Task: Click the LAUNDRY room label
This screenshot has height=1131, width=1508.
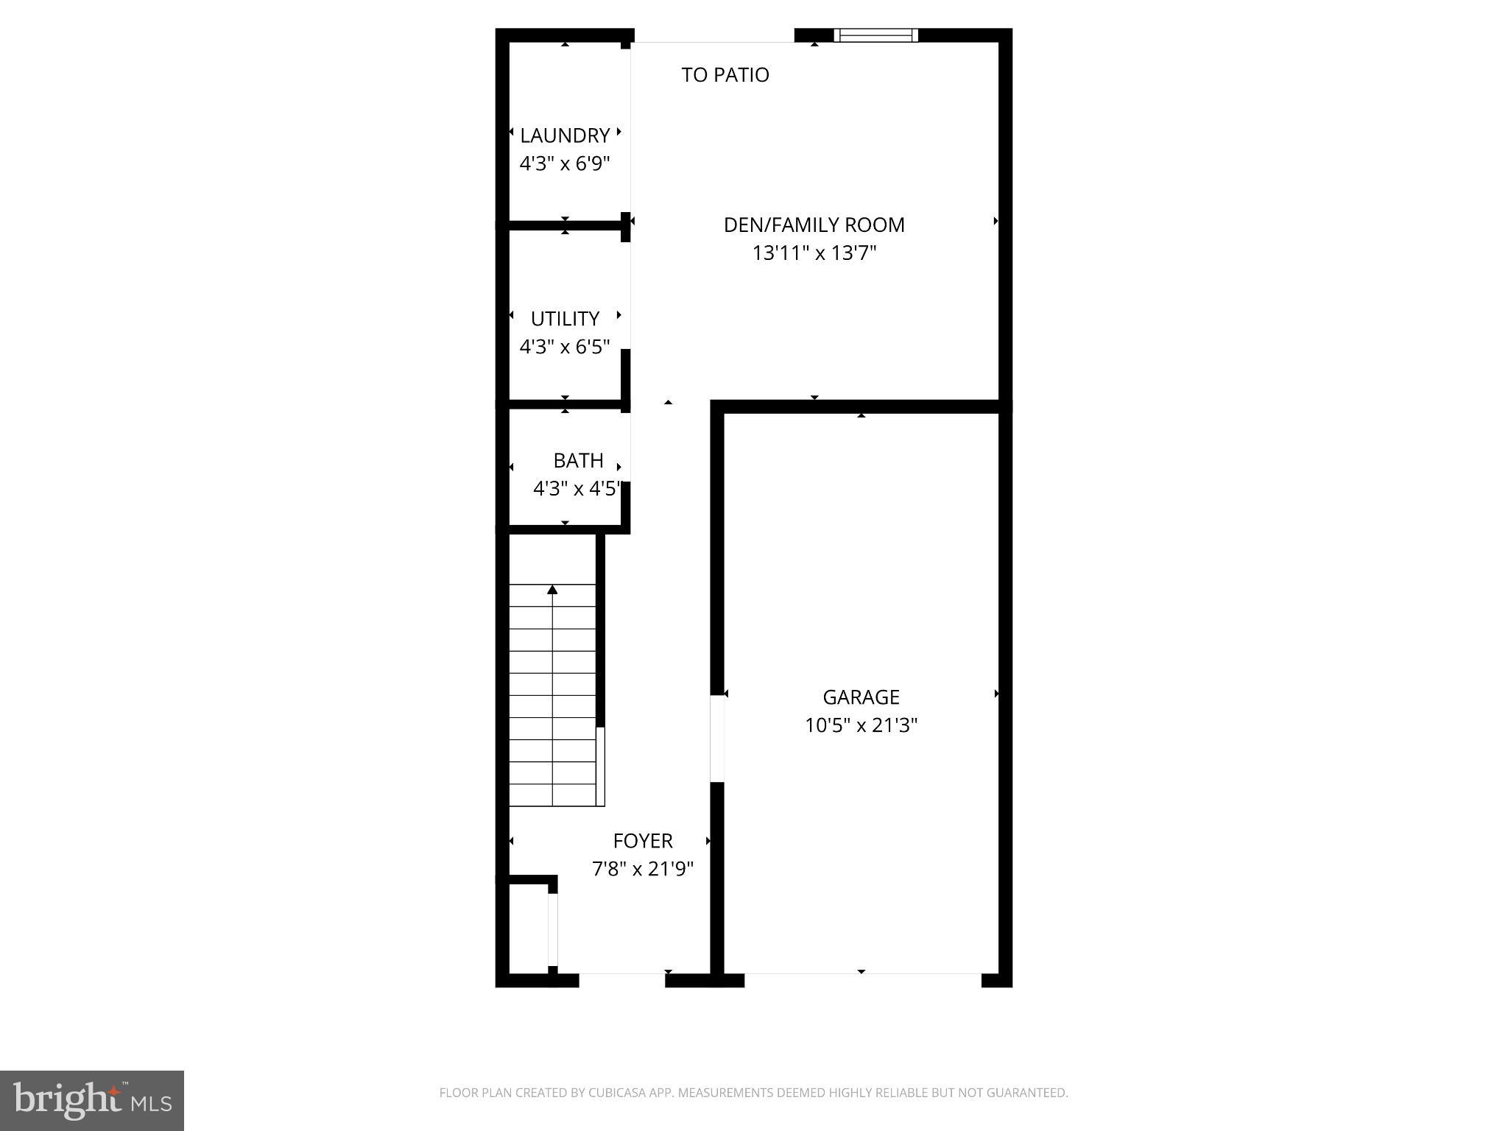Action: [565, 135]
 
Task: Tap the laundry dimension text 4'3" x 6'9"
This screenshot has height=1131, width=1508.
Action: [565, 163]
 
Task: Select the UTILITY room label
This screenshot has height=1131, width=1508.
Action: [565, 319]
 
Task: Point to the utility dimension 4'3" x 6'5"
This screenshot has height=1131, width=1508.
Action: [565, 347]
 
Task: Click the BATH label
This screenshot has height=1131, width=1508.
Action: [578, 461]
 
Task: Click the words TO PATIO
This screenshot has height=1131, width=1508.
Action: [725, 75]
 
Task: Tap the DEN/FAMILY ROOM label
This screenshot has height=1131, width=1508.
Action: [814, 225]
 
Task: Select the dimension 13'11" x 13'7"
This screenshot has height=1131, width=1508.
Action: [814, 253]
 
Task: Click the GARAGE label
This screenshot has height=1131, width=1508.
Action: [861, 697]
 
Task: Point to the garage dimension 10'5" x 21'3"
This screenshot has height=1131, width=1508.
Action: [861, 725]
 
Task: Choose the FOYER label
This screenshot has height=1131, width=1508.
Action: [643, 841]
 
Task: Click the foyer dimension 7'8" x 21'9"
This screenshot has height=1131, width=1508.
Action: [643, 870]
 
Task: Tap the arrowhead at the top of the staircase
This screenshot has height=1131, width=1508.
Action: [552, 590]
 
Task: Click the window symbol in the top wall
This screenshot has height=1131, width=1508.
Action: [875, 35]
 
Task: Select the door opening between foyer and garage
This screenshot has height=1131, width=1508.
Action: [716, 738]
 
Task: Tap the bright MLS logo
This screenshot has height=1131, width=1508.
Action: [92, 1100]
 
